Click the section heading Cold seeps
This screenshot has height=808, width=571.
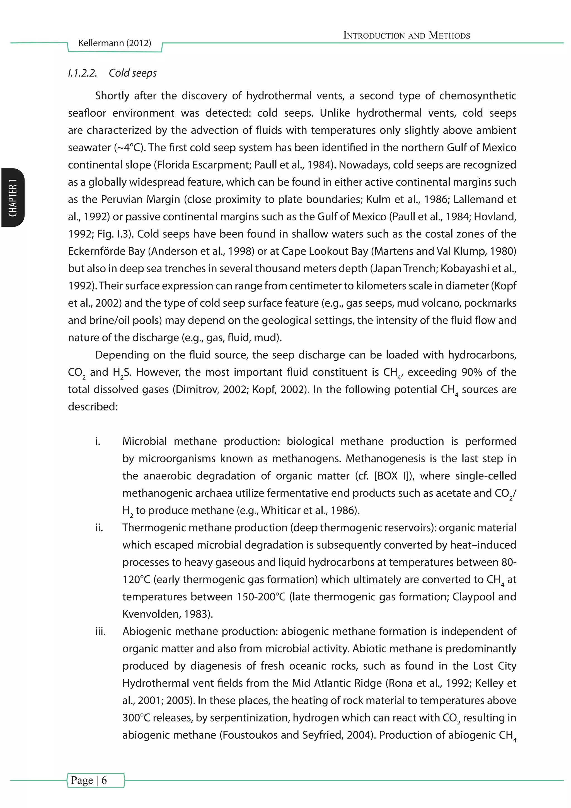[132, 73]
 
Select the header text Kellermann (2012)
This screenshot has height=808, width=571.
[115, 43]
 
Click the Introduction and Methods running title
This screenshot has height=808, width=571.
[407, 35]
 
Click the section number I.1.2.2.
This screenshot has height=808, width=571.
[83, 73]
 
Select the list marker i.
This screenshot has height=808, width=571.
[98, 441]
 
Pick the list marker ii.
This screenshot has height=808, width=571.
[99, 528]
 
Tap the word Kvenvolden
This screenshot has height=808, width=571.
[150, 614]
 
